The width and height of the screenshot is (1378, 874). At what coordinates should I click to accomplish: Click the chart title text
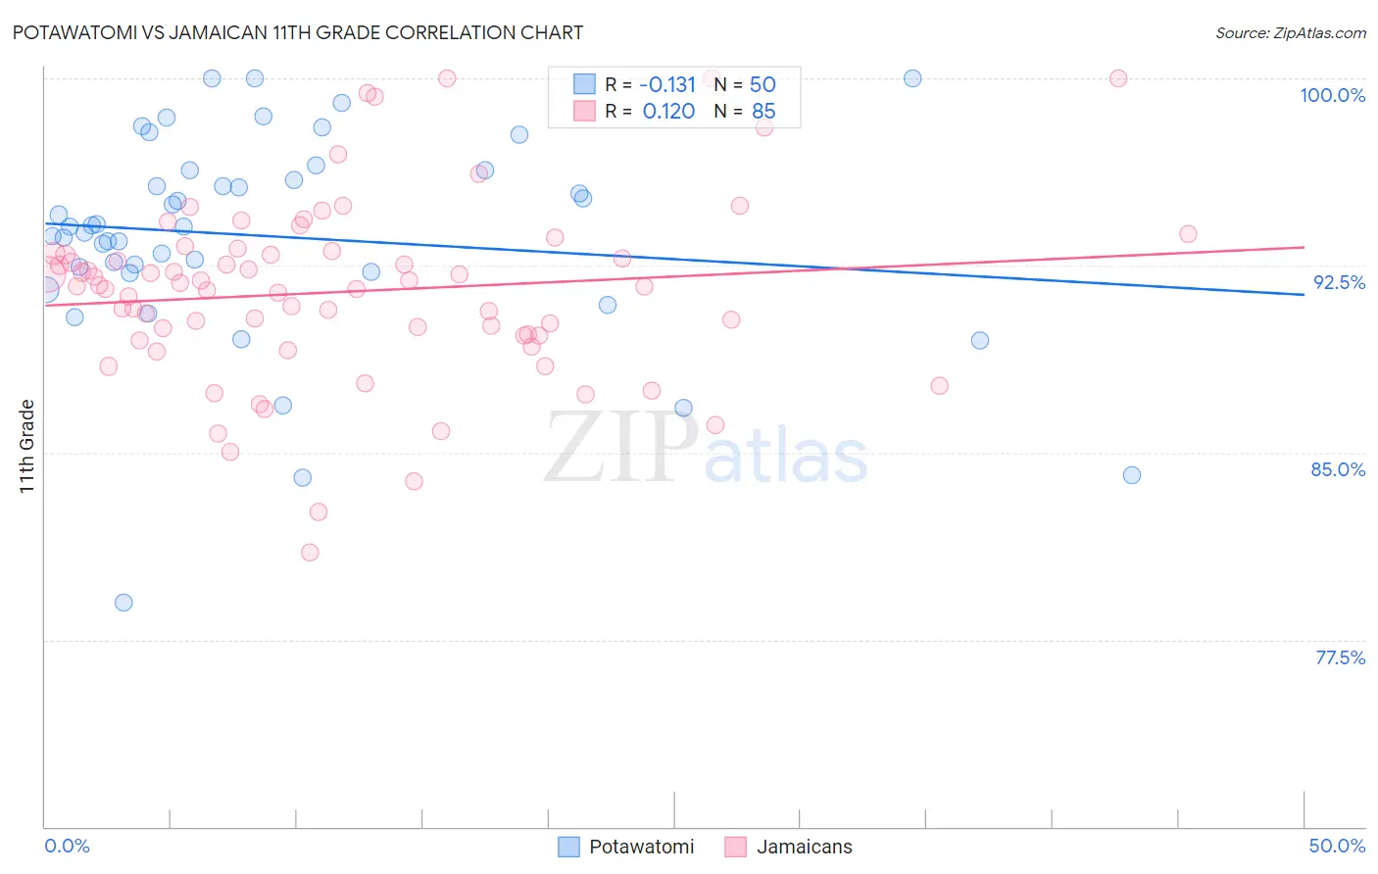pos(297,32)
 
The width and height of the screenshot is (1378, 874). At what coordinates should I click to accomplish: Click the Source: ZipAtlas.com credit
pos(1290,32)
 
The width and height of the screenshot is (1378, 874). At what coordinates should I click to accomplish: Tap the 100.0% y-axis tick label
pos(1332,95)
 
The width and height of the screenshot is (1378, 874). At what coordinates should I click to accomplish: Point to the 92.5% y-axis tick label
pos(1339,282)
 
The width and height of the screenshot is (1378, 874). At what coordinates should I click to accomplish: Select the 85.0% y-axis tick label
pos(1338,469)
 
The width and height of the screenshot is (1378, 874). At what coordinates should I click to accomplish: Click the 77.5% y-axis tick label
pos(1340,657)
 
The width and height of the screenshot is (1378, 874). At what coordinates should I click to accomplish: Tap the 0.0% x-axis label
pos(67,846)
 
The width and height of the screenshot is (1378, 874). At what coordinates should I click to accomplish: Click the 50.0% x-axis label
pos(1337,846)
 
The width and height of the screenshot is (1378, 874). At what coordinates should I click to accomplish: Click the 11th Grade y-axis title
pos(27,446)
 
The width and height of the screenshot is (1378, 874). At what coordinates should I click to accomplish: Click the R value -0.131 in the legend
pos(667,84)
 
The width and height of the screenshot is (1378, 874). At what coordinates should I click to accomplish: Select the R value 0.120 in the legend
pos(668,111)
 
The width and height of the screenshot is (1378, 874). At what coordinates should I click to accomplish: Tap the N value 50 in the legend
pos(763,84)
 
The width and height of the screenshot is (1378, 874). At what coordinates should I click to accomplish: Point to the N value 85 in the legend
pos(763,111)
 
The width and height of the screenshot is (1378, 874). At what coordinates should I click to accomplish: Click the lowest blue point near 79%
pos(123,603)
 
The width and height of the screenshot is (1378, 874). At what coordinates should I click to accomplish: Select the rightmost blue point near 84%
pos(1132,475)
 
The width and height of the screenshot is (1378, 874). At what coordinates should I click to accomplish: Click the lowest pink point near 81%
pos(310,553)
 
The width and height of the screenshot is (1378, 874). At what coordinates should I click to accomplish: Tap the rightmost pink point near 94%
pos(1188,234)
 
